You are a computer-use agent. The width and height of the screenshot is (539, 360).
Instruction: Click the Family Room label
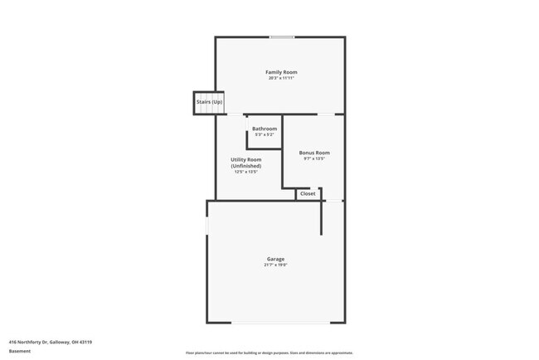[281, 72]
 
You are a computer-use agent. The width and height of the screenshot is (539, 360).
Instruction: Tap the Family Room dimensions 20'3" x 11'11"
[281, 78]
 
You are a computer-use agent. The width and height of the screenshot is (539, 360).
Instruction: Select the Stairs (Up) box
[209, 102]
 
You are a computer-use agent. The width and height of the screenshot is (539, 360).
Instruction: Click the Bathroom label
[265, 129]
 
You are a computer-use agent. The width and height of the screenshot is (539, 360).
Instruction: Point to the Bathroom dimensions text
[265, 134]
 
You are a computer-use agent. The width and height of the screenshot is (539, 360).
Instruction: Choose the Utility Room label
[246, 159]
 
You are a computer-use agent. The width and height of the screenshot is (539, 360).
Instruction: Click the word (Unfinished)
[246, 166]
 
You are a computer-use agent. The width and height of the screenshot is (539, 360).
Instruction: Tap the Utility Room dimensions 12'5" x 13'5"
[246, 172]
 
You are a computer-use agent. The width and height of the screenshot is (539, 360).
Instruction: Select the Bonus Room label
[314, 153]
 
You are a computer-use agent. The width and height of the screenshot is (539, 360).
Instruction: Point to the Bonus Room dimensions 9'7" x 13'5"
[314, 158]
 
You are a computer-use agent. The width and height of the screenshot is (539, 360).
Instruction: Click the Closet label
[308, 193]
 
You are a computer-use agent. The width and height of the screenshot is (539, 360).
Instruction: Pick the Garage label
[275, 259]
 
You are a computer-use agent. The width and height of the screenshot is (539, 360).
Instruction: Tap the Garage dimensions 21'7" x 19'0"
[275, 265]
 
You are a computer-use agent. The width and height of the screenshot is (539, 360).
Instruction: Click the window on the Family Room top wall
[281, 36]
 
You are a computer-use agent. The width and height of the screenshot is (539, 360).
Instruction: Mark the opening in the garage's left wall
[207, 226]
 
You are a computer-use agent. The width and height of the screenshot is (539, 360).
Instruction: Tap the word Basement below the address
[20, 351]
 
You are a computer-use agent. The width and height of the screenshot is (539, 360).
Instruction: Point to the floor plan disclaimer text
[269, 353]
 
